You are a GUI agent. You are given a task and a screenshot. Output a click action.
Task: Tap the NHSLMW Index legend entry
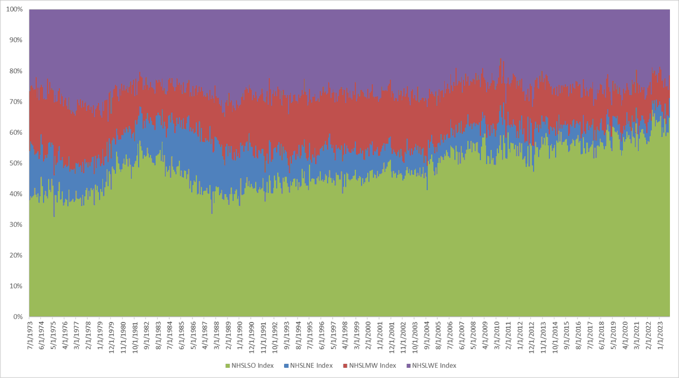373,366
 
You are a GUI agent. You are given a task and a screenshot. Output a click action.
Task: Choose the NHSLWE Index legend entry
434,366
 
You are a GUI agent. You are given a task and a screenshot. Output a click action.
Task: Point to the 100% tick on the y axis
14,10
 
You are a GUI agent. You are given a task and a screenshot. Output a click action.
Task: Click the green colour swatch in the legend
228,366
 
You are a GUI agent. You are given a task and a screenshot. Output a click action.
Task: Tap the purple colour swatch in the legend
409,366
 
